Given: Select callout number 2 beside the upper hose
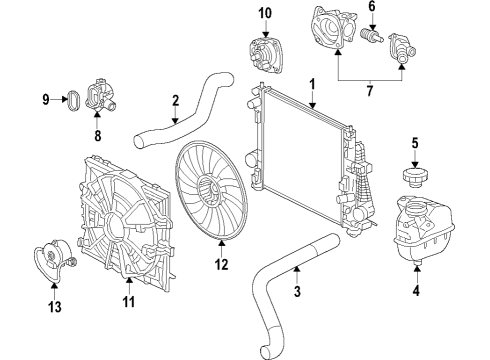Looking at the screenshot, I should click(x=175, y=100).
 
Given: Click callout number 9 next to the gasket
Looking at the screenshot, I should click(x=47, y=98).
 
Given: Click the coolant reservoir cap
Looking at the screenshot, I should click(x=415, y=176).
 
